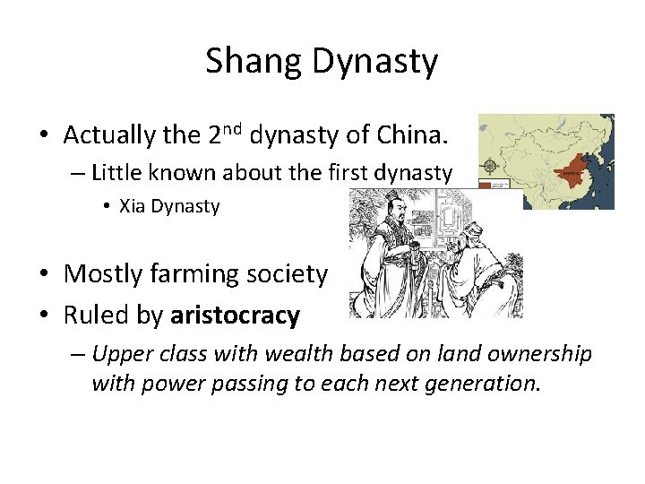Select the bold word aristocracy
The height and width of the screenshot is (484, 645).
pos(235,315)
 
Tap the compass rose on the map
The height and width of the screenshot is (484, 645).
pos(491,166)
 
